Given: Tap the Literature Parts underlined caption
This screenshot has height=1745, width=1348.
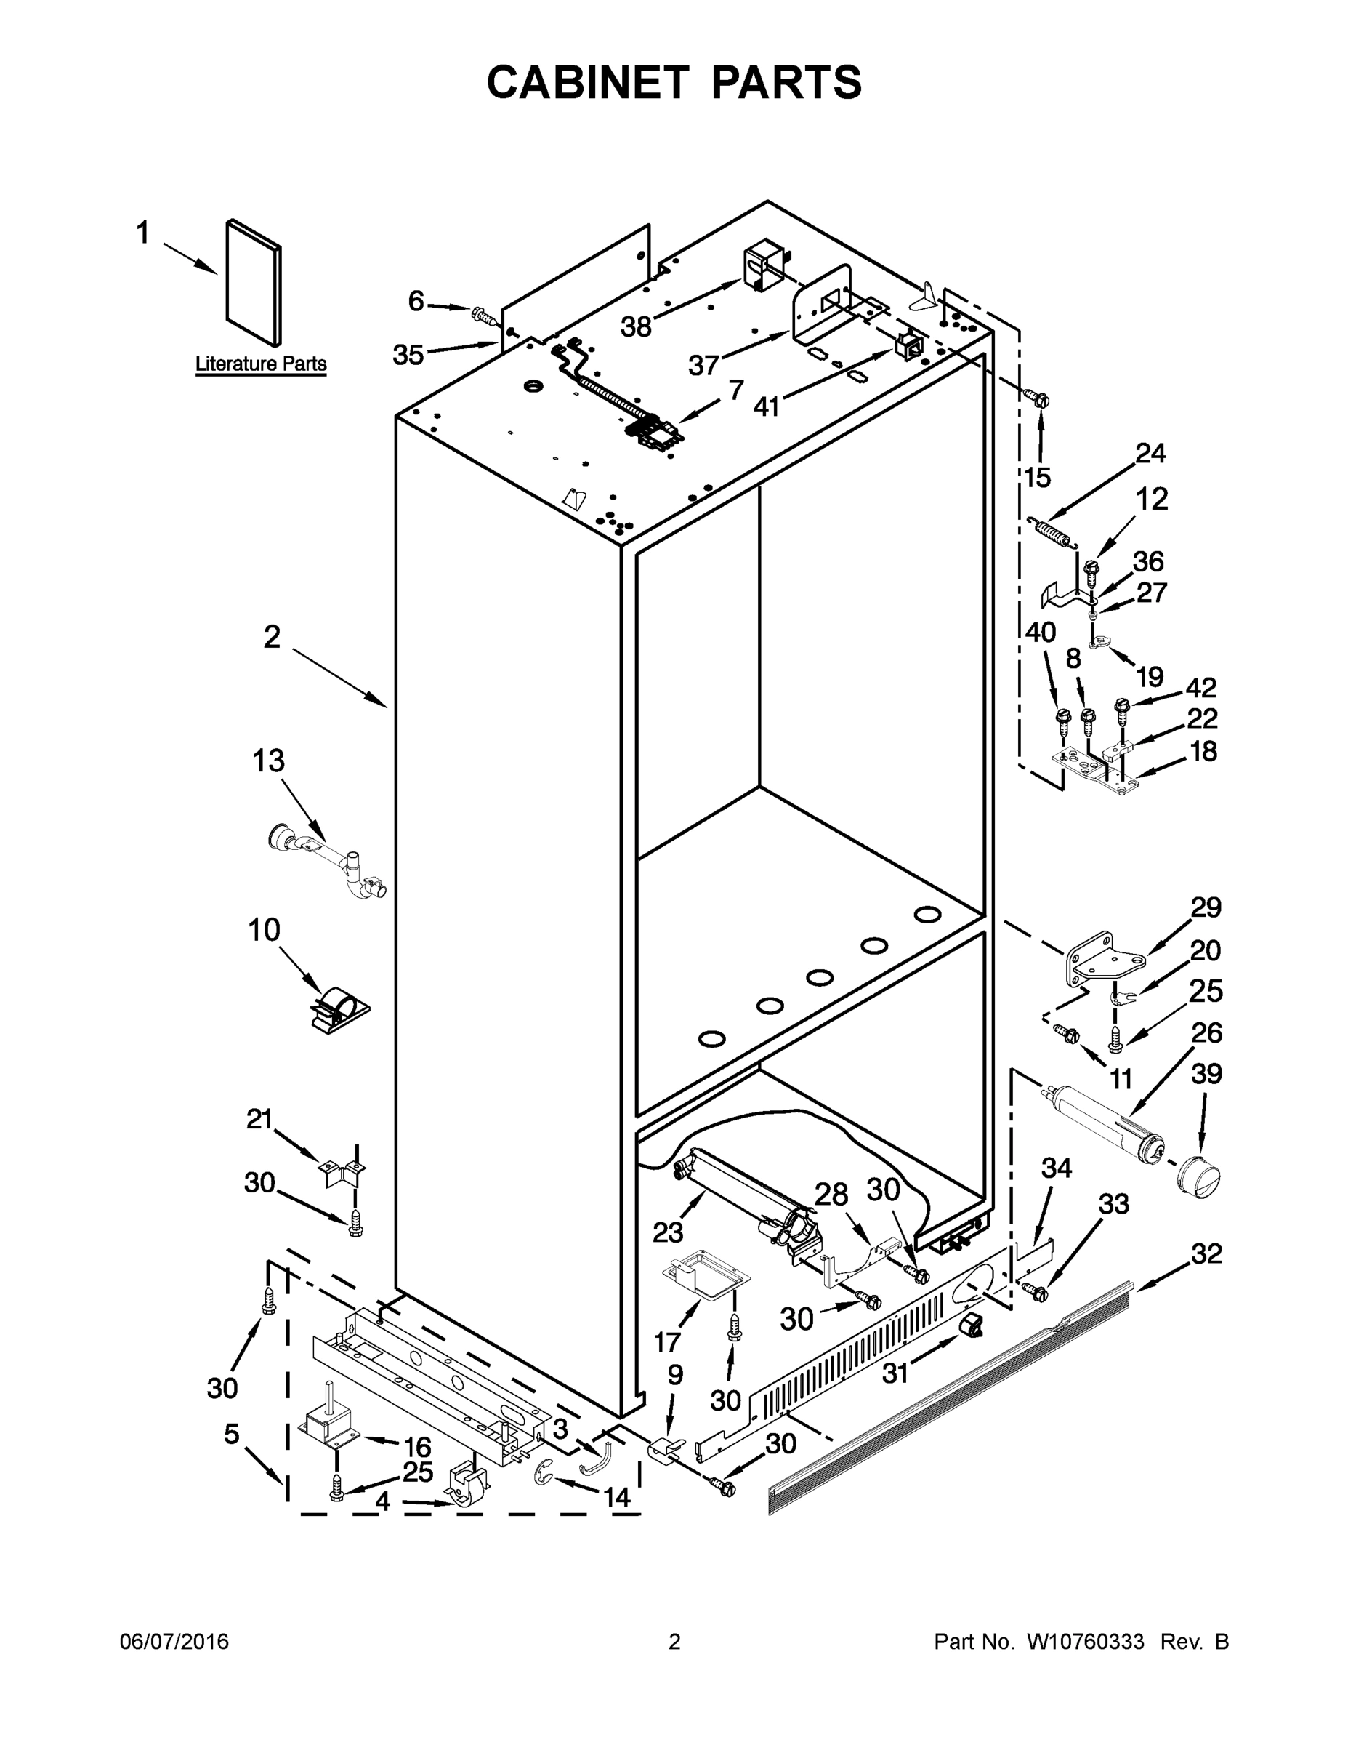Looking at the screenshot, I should click(x=261, y=364).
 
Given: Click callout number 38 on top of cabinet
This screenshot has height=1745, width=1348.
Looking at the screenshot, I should click(x=636, y=326).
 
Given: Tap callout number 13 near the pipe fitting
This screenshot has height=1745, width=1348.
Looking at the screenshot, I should click(x=268, y=761).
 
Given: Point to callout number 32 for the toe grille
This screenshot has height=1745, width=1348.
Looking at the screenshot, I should click(x=1206, y=1253).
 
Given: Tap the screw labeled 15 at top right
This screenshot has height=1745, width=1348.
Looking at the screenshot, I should click(x=1040, y=397).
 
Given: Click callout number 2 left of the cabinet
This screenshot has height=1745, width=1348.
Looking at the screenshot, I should click(x=273, y=637).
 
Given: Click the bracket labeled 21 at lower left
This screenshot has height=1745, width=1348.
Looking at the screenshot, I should click(x=339, y=1173).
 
